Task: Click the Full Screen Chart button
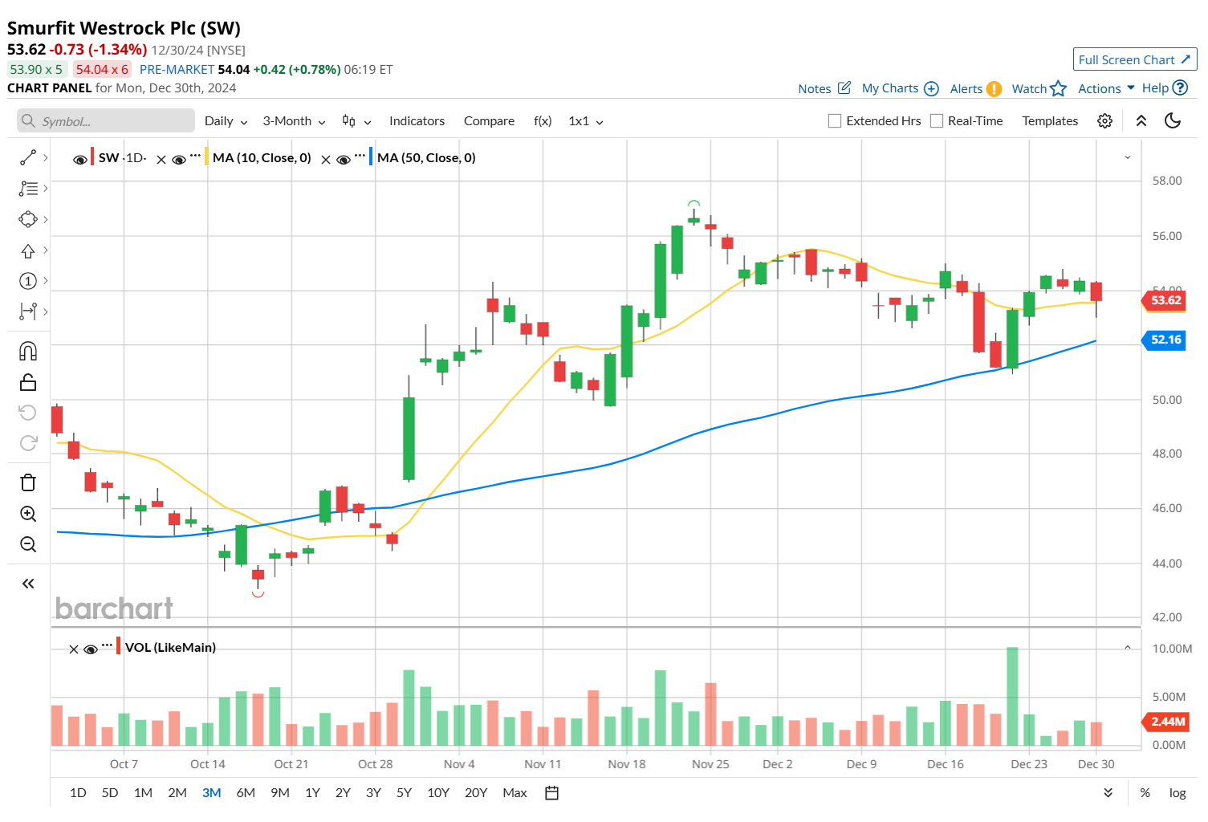(1134, 59)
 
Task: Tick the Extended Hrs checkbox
(835, 121)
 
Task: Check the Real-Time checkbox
(937, 121)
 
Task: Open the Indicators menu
(417, 121)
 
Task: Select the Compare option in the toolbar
(489, 121)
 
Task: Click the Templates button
(1050, 121)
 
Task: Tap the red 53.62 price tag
(1165, 300)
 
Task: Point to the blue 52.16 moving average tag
(1165, 340)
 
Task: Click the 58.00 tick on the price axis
(1166, 181)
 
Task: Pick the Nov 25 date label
(710, 764)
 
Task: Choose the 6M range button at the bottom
(246, 793)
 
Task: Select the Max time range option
(515, 793)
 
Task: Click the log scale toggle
(1177, 793)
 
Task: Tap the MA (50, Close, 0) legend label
(426, 158)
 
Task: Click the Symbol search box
(106, 121)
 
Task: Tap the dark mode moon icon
(1173, 121)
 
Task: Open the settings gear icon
(1105, 121)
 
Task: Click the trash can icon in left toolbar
(28, 482)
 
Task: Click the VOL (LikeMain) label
(170, 648)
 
